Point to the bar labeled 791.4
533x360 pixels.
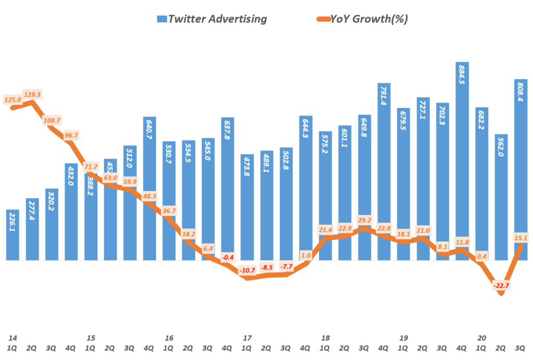coord(384,172)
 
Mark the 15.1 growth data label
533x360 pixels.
coord(521,238)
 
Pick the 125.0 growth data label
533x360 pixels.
coord(12,99)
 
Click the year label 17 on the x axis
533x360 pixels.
coord(248,338)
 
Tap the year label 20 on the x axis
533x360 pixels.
coord(482,338)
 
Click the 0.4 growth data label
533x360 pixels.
coord(482,255)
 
